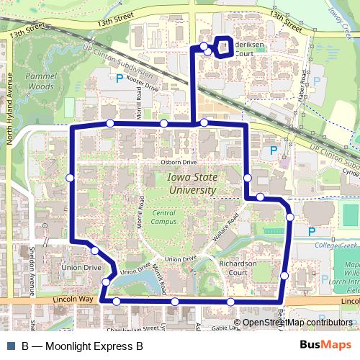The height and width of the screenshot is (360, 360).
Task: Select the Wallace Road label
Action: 225,230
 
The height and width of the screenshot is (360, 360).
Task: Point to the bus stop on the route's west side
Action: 70,178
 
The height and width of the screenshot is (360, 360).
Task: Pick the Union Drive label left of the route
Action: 82,268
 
